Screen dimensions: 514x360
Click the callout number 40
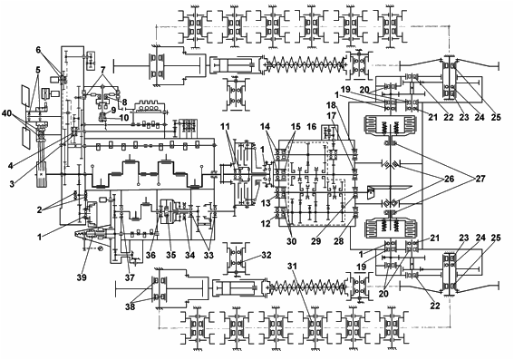[x=7, y=113]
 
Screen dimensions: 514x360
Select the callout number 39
[x=82, y=277]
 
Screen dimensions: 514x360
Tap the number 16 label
[x=312, y=127]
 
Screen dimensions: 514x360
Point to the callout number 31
[x=292, y=267]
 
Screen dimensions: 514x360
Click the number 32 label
[x=267, y=255]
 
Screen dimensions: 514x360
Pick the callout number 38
[x=130, y=307]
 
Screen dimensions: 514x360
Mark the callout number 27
[x=480, y=179]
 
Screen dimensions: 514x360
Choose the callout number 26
[x=449, y=179]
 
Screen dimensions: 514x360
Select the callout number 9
[x=113, y=110]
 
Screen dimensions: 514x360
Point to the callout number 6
[x=39, y=50]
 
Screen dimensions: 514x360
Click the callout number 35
[x=170, y=255]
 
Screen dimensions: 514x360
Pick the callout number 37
[x=130, y=277]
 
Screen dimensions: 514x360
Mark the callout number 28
[x=339, y=241]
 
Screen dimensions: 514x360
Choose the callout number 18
[x=332, y=105]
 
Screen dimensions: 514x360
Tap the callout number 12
[x=266, y=224]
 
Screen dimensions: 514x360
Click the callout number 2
[x=39, y=210]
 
